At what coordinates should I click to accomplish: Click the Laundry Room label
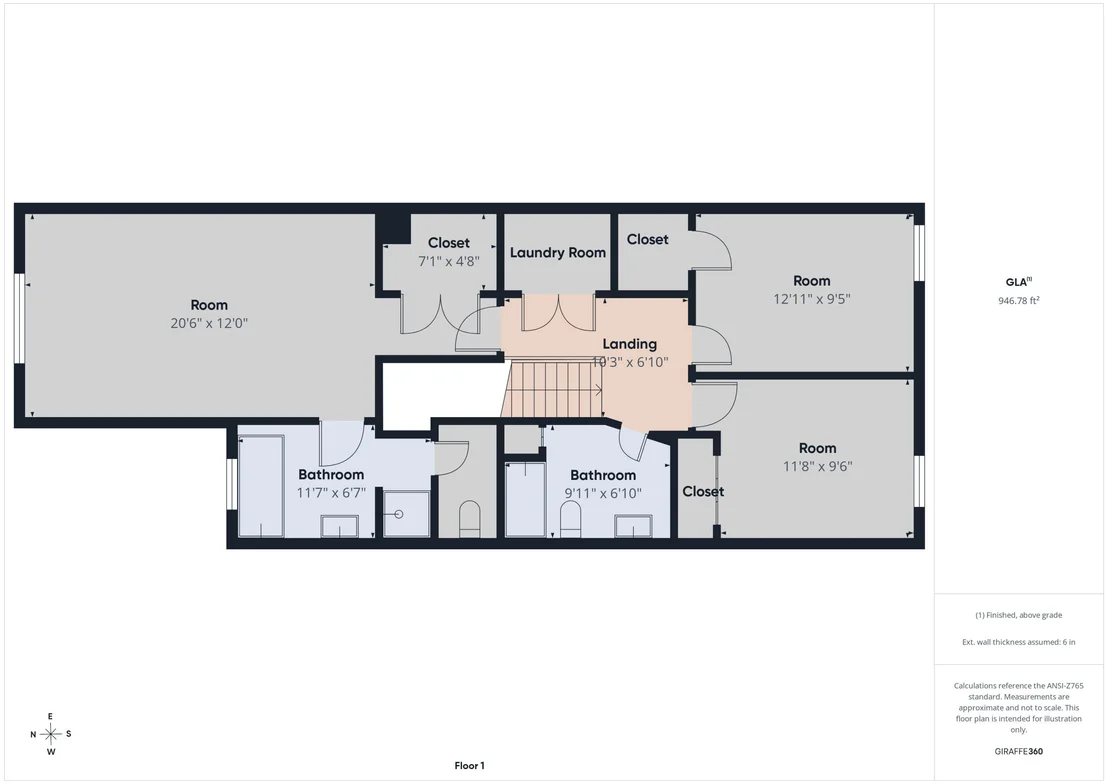(x=558, y=252)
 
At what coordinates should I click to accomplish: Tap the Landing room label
(x=630, y=344)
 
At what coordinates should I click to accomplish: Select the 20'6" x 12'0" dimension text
(x=209, y=323)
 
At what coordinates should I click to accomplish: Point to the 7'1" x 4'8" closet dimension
(x=449, y=261)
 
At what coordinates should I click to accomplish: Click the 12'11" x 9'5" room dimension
(x=811, y=299)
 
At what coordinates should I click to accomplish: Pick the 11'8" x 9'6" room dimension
(x=818, y=466)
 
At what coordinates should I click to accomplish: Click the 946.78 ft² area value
(x=1018, y=300)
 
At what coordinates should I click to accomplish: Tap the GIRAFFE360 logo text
(x=1018, y=751)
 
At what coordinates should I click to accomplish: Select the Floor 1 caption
(x=469, y=766)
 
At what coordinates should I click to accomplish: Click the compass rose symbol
(x=51, y=734)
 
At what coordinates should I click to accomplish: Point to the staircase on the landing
(x=553, y=389)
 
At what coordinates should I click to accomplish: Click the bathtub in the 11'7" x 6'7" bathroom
(x=261, y=486)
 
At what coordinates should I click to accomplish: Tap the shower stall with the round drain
(x=406, y=514)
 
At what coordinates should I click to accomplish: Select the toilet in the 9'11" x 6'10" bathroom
(x=570, y=520)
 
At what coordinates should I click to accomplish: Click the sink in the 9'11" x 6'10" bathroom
(x=633, y=527)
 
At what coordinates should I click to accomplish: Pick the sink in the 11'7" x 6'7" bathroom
(x=339, y=527)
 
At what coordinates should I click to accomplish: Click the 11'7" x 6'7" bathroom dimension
(x=331, y=493)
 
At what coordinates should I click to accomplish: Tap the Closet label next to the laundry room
(x=647, y=240)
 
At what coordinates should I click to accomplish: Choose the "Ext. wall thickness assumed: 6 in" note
(x=1018, y=642)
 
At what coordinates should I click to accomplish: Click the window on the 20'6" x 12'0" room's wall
(x=19, y=319)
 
